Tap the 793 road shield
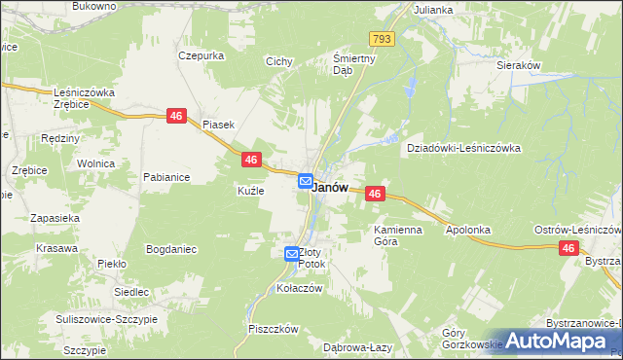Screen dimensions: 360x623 [x=382, y=39]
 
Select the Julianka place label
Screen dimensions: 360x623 [x=433, y=10]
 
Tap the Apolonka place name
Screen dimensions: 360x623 [x=467, y=231]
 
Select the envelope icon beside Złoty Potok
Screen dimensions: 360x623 [x=292, y=254]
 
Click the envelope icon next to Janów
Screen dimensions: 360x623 [x=305, y=181]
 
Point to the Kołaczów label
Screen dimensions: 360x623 [x=299, y=288]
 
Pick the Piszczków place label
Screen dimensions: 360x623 [x=273, y=329]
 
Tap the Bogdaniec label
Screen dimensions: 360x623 [x=171, y=249]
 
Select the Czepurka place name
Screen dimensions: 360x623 [x=202, y=55]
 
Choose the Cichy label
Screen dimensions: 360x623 [x=279, y=61]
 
